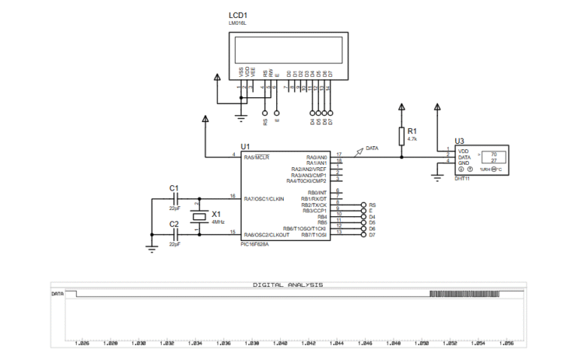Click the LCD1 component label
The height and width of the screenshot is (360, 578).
(x=239, y=14)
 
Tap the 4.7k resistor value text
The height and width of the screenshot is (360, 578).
(x=412, y=139)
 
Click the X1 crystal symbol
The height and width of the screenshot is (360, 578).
(x=197, y=218)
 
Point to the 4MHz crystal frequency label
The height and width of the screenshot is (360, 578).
(x=218, y=222)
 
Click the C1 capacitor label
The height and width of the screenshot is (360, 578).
(x=174, y=188)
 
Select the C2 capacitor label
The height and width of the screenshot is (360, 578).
(x=174, y=224)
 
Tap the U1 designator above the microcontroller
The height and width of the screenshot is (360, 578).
(x=245, y=146)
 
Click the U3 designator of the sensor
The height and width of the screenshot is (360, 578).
(x=459, y=141)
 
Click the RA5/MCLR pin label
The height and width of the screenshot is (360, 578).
(x=257, y=157)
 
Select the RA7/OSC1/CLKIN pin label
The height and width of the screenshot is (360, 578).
(x=264, y=199)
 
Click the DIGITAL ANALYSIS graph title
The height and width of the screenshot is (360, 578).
(x=288, y=285)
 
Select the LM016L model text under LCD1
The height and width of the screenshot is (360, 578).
(x=237, y=23)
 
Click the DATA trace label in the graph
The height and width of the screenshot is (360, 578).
(x=57, y=293)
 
